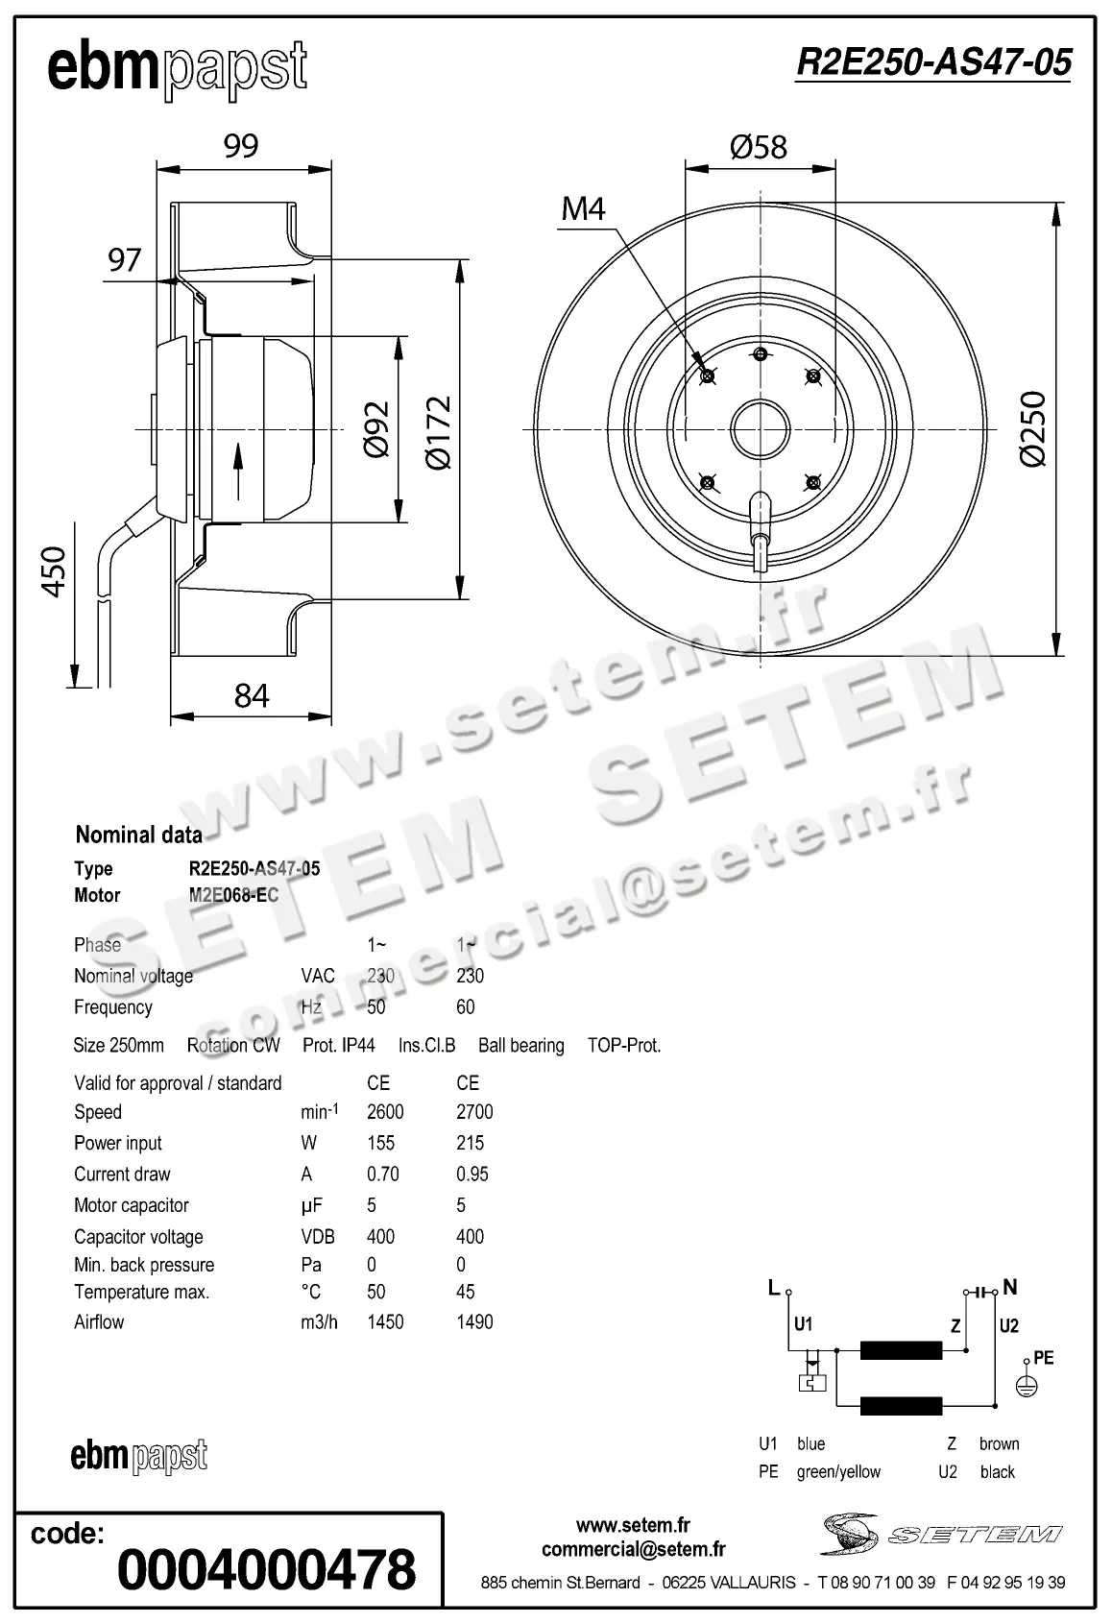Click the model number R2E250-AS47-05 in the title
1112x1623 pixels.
[932, 63]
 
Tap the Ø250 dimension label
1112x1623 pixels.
[1033, 428]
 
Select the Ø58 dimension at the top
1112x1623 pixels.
[758, 147]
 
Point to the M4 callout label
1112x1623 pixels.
[583, 208]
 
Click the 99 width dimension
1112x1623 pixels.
[241, 146]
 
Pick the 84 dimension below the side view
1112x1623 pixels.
[252, 695]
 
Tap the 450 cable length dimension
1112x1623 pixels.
[55, 571]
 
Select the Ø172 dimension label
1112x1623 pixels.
[438, 432]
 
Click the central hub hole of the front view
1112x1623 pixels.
[760, 428]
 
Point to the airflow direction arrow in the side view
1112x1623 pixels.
[237, 471]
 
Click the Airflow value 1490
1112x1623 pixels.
[474, 1322]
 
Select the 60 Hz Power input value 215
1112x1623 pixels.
[470, 1143]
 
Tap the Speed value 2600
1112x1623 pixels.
[385, 1112]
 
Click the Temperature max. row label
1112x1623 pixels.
[141, 1293]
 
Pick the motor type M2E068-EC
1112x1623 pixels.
[233, 895]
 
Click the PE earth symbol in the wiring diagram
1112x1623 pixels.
[1027, 1386]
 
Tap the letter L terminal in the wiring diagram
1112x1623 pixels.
[774, 1289]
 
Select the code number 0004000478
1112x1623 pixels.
[266, 1569]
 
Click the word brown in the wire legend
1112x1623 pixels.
[999, 1443]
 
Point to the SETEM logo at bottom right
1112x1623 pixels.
[942, 1534]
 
